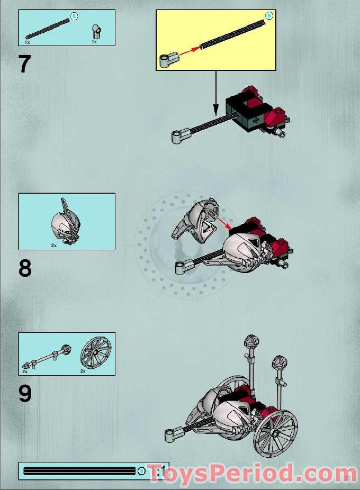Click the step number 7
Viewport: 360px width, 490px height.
pyautogui.click(x=24, y=64)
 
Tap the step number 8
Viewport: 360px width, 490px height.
pyautogui.click(x=25, y=268)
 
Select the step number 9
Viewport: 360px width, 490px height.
pyautogui.click(x=25, y=394)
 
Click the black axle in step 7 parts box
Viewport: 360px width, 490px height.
pyautogui.click(x=47, y=28)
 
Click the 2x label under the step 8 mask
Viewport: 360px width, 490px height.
pyautogui.click(x=53, y=246)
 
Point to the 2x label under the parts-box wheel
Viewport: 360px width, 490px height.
pyautogui.click(x=83, y=371)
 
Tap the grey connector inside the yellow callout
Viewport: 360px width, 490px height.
pyautogui.click(x=167, y=60)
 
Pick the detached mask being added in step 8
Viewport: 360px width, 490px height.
pyautogui.click(x=196, y=222)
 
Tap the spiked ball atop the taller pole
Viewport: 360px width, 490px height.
pyautogui.click(x=250, y=341)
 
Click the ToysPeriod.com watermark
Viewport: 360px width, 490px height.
pyautogui.click(x=251, y=473)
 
